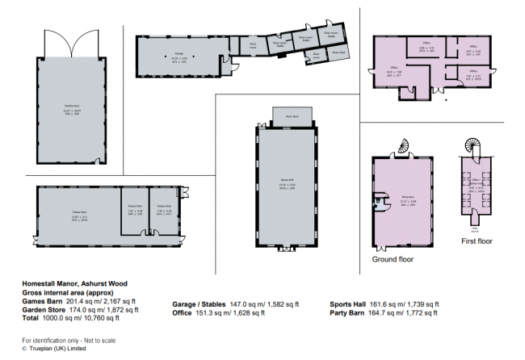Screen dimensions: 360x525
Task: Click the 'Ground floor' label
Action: pyautogui.click(x=393, y=260)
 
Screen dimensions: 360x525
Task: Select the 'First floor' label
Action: pyautogui.click(x=478, y=240)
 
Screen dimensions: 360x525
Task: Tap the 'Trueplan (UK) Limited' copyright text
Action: pyautogui.click(x=57, y=349)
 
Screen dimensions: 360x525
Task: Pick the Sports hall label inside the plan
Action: pyautogui.click(x=288, y=185)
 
